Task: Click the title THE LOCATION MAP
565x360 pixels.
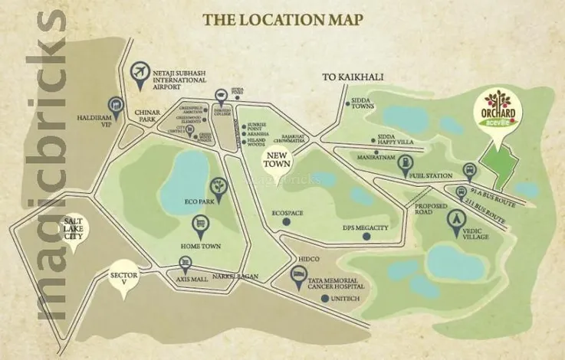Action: tap(282, 18)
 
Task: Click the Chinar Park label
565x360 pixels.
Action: tap(147, 116)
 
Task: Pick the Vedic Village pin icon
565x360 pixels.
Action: tap(457, 219)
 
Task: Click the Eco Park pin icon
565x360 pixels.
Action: tap(220, 188)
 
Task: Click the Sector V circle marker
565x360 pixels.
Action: tap(123, 277)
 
